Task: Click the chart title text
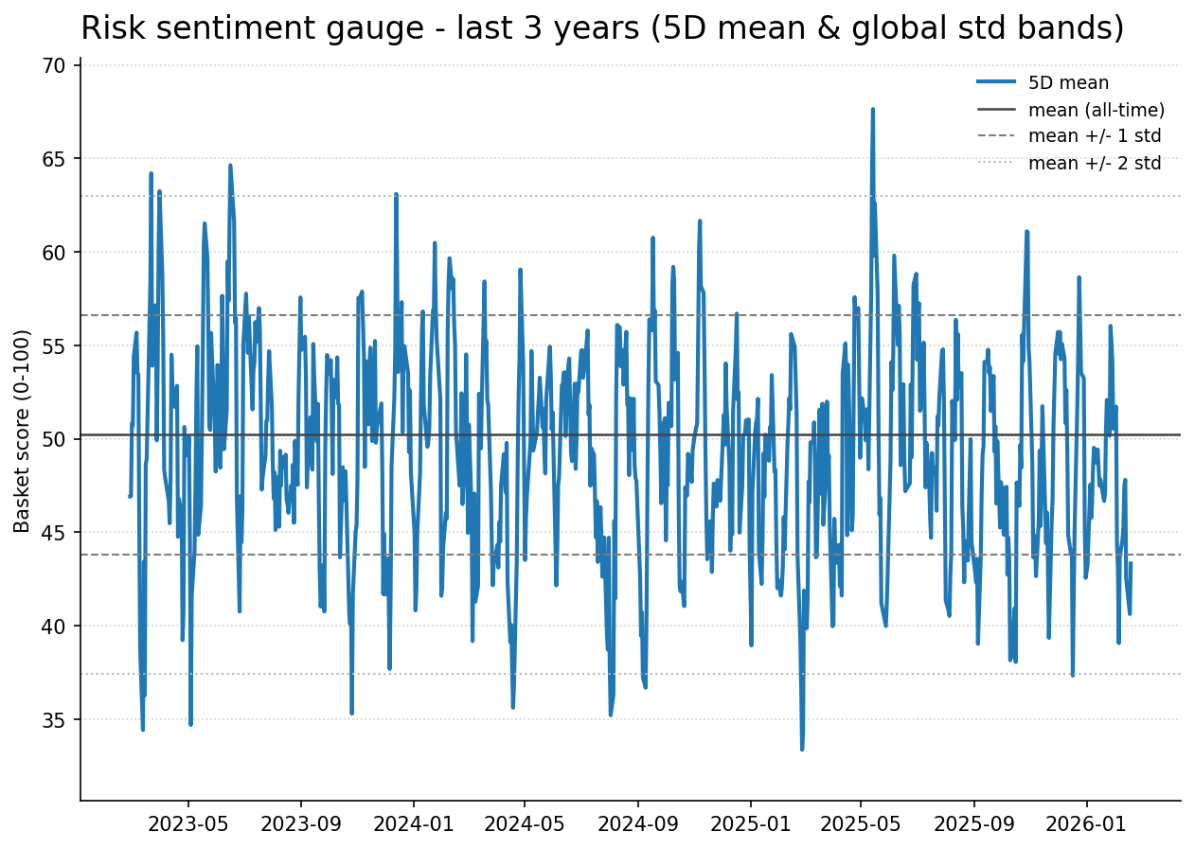(602, 28)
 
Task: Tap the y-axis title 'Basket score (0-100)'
(23, 431)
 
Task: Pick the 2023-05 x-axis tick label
(188, 823)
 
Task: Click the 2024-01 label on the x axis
(413, 823)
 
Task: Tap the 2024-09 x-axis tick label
(637, 823)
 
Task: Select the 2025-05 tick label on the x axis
(860, 823)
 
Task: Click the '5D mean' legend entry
(1068, 83)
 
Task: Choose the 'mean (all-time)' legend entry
(1096, 110)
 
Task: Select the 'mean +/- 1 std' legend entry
(1094, 136)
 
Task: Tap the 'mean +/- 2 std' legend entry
(1094, 163)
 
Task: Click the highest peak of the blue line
(872, 110)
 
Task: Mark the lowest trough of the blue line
(802, 749)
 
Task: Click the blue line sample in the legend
(996, 83)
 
